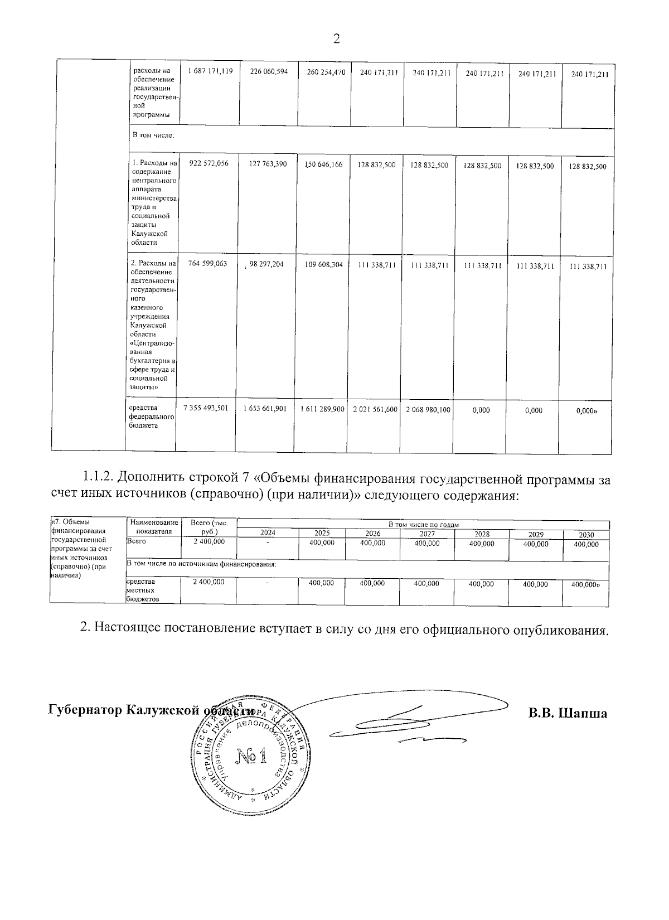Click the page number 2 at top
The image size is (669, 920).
point(336,38)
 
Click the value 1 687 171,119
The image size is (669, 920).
point(210,71)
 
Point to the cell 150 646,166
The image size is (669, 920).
point(324,165)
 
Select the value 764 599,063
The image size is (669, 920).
point(208,264)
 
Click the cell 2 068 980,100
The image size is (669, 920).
point(428,409)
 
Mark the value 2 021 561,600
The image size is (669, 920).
point(375,409)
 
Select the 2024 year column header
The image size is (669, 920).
point(268,534)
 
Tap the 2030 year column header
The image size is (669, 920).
point(586,535)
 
